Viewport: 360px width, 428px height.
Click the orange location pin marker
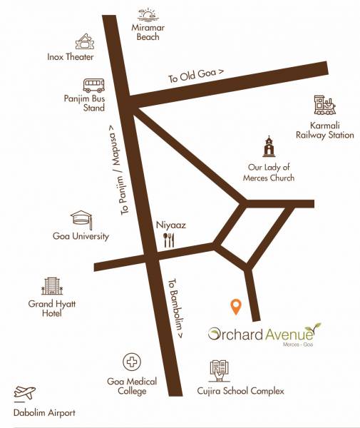coord(236,307)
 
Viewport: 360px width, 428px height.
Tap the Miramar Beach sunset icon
coord(148,15)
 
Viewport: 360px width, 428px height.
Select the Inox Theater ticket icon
coord(86,41)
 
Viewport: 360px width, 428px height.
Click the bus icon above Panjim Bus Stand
coord(94,86)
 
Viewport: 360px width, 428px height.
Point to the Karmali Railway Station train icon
coord(324,106)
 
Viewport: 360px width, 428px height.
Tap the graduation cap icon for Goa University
coord(80,218)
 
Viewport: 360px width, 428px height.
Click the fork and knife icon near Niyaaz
coord(169,240)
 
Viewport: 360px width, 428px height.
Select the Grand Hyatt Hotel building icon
coord(51,286)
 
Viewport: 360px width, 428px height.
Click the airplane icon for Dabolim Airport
coord(25,393)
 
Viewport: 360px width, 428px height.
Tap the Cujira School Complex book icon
coord(220,370)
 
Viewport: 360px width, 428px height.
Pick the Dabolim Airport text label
coord(43,412)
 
